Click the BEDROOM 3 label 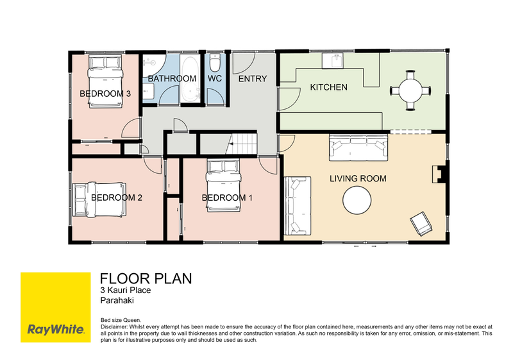pos(105,94)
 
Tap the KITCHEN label pos(328,87)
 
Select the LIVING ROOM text pos(358,178)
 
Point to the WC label pos(215,78)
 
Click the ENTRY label pos(253,78)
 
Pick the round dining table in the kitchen pos(410,90)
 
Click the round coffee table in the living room pos(357,200)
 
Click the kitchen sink pos(333,60)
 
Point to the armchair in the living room pos(421,224)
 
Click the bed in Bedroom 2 pos(99,199)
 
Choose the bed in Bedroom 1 pos(223,185)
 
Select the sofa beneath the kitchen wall pos(358,148)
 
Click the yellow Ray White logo pos(56,307)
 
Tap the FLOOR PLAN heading pos(146,278)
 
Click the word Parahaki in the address pos(117,301)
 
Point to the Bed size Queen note pos(121,320)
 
